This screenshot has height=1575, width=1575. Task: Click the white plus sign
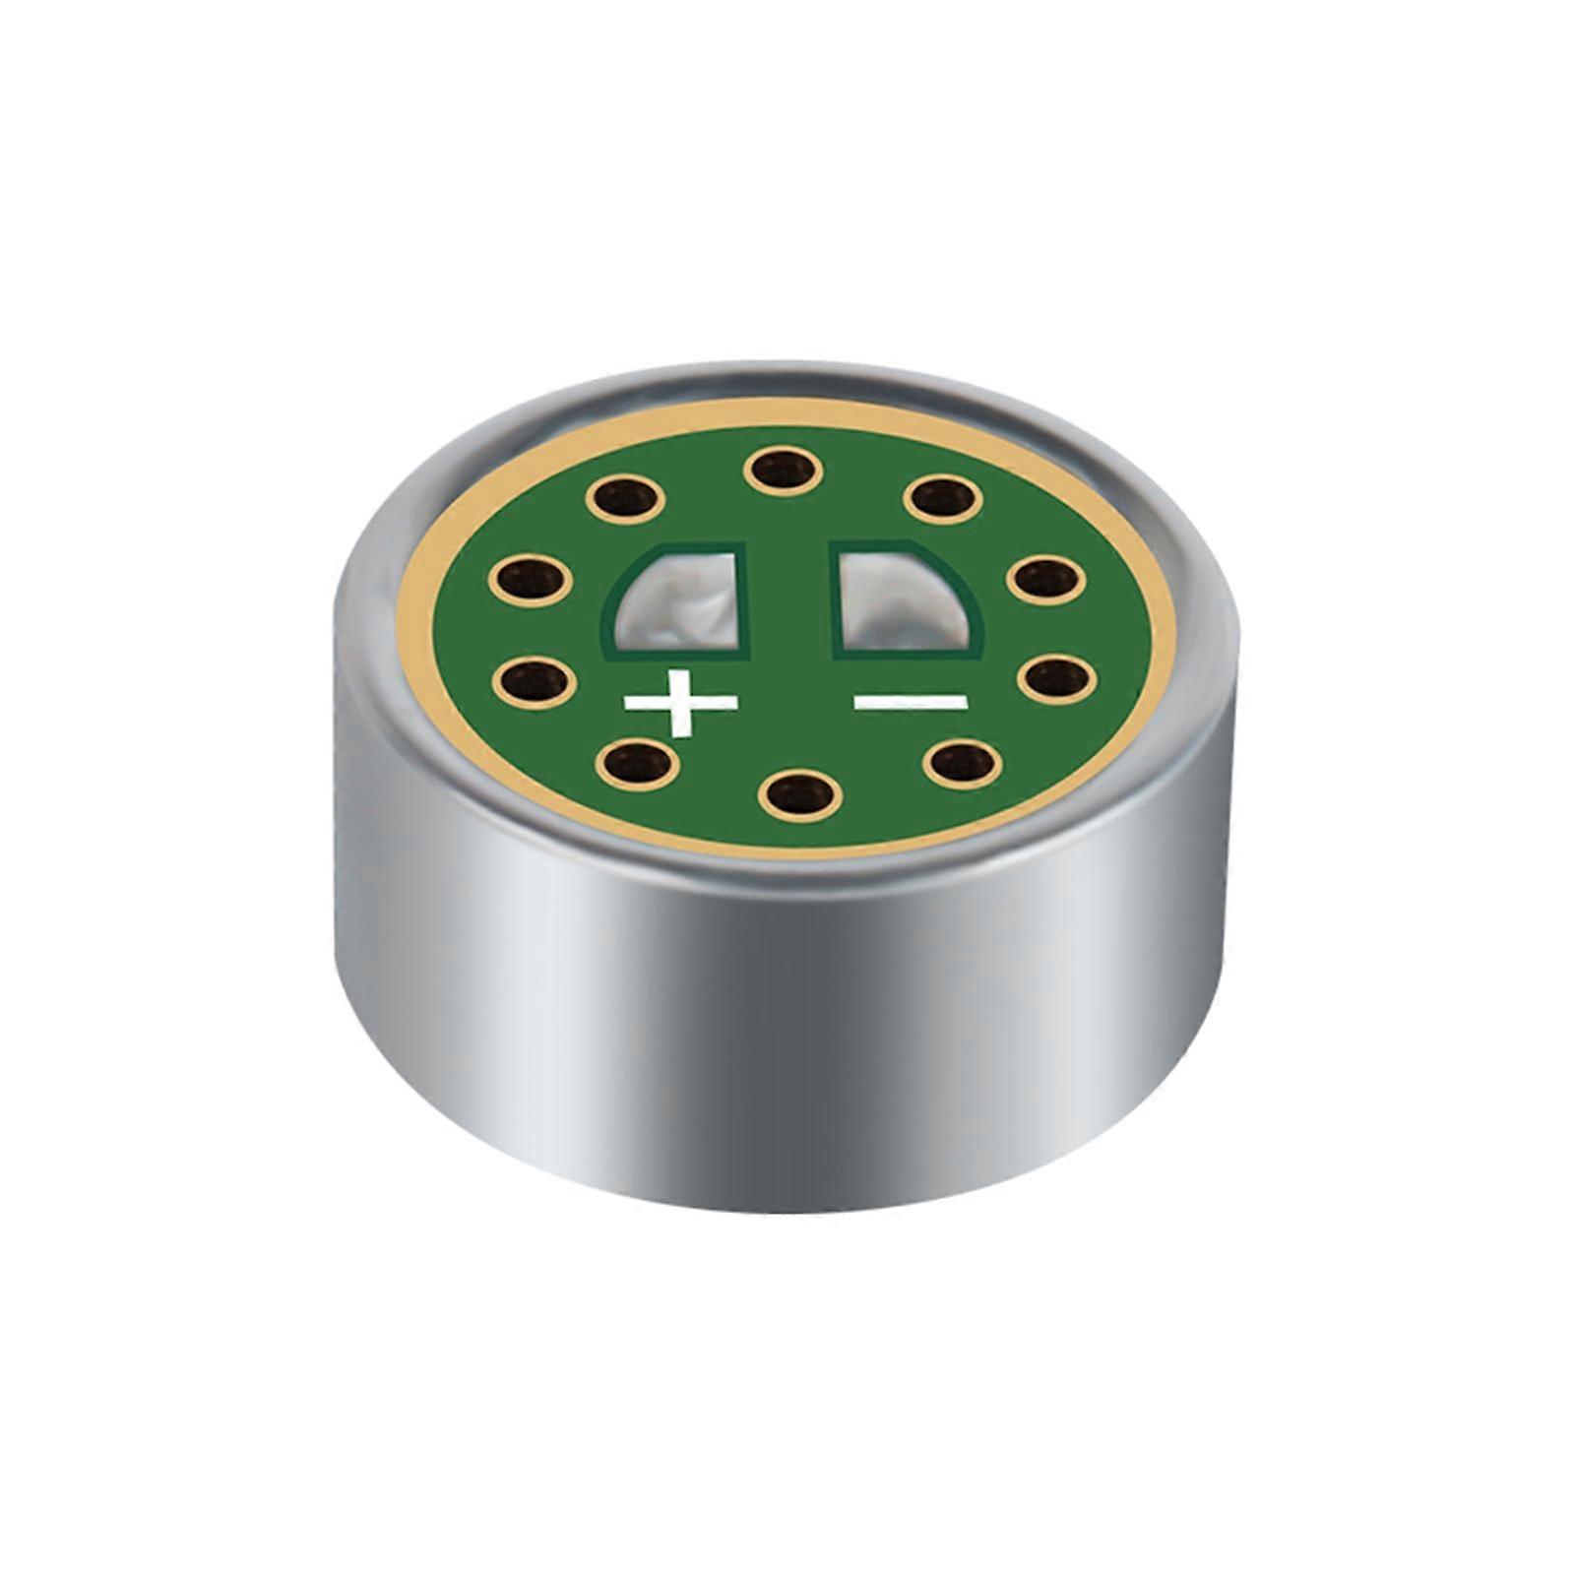pos(680,702)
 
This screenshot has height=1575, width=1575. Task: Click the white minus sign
pos(911,701)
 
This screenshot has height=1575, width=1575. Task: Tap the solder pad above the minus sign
pos(906,600)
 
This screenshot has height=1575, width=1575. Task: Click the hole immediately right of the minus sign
pos(1054,677)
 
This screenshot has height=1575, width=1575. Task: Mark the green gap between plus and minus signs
pos(795,701)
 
